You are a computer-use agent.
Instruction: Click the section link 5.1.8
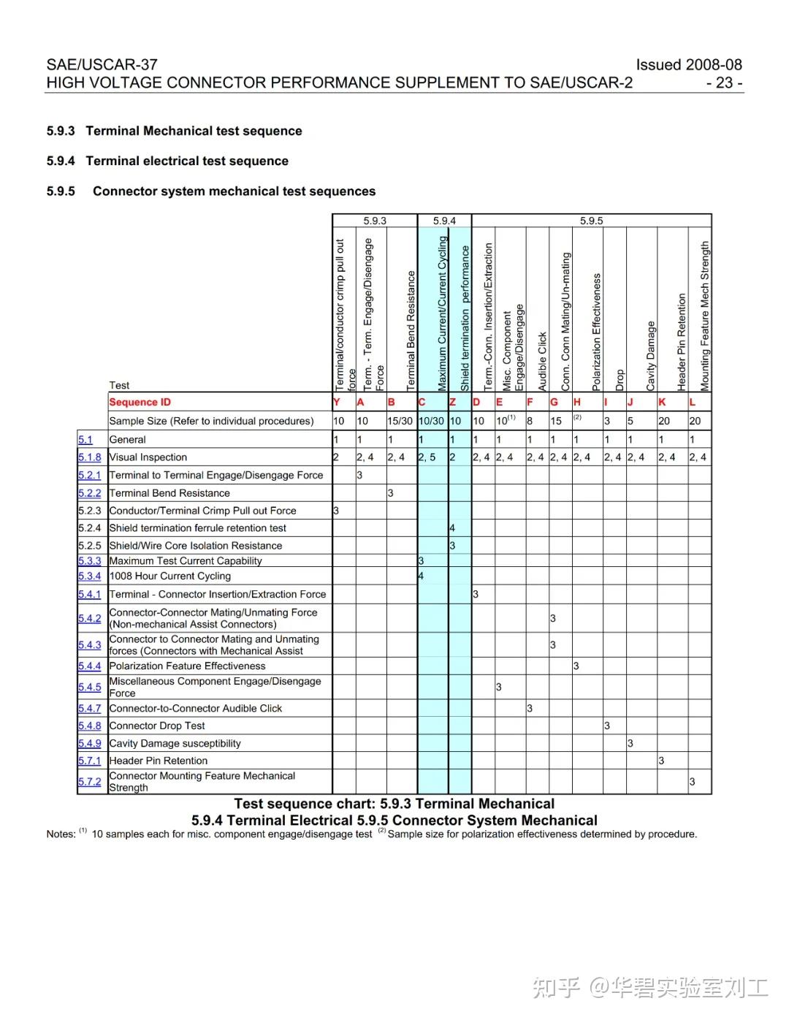point(90,457)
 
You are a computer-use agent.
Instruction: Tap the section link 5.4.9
point(90,743)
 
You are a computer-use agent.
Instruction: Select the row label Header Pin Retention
point(158,761)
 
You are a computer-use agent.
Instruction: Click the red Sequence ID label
point(140,402)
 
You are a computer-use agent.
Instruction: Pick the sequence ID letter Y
point(337,402)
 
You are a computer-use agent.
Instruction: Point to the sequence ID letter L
point(693,402)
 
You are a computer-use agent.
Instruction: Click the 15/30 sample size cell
point(400,421)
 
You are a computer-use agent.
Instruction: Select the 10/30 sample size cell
point(431,421)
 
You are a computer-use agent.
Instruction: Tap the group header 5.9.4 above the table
point(444,221)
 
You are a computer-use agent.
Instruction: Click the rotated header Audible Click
point(542,362)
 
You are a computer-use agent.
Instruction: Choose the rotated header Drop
point(620,380)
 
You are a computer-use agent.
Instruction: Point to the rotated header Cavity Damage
point(651,356)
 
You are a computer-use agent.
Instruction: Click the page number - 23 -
point(724,83)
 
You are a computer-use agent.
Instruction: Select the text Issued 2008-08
point(688,64)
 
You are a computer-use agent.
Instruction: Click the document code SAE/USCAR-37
point(102,64)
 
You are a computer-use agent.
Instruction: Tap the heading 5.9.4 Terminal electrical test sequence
point(167,161)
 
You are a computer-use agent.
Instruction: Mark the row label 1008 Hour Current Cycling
point(169,576)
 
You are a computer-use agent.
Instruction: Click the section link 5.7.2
point(90,781)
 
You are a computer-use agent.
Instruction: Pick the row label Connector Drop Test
point(157,726)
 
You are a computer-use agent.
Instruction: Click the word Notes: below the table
point(61,834)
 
